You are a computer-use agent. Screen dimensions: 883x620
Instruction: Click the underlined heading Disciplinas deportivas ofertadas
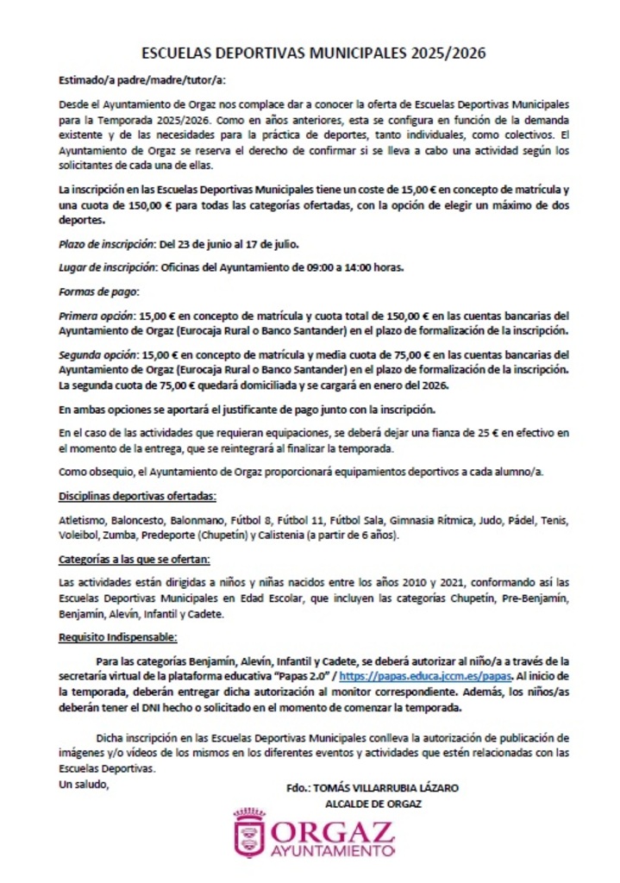click(137, 498)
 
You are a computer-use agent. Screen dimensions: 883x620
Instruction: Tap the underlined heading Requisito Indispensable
click(118, 637)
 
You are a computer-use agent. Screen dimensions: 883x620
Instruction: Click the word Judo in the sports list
click(490, 521)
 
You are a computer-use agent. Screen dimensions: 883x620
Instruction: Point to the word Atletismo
click(82, 521)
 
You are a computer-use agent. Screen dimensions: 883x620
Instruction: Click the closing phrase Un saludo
click(84, 785)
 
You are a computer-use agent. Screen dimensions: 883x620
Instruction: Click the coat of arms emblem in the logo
click(249, 834)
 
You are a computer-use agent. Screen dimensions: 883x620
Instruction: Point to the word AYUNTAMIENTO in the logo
click(332, 851)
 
